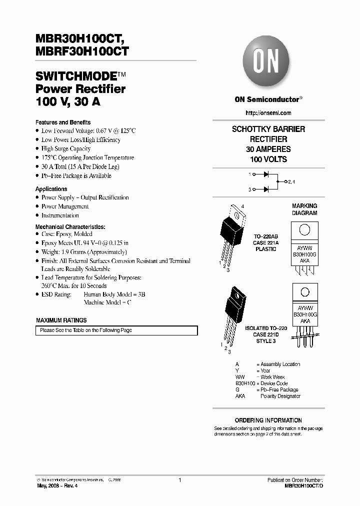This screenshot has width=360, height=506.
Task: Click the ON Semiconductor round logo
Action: tap(268, 64)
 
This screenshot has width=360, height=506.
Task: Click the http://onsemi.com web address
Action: tap(268, 113)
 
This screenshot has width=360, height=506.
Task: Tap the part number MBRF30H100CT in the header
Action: tap(81, 50)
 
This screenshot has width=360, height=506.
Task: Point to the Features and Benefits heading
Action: tap(63, 122)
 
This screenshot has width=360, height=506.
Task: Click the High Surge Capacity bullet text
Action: tap(66, 148)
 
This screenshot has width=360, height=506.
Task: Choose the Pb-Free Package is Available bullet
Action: tap(76, 176)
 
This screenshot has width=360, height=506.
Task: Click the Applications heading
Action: tap(51, 189)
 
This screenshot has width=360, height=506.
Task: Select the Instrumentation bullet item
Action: tap(60, 215)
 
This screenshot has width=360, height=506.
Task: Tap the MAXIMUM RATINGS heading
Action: tap(61, 320)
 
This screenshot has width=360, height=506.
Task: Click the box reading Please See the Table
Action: tap(116, 330)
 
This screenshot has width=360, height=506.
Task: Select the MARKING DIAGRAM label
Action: tap(304, 209)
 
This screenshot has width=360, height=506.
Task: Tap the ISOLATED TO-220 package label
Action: tap(266, 328)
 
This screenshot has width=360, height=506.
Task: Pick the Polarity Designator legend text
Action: tap(280, 396)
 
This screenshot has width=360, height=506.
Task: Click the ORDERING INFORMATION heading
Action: tap(268, 420)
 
